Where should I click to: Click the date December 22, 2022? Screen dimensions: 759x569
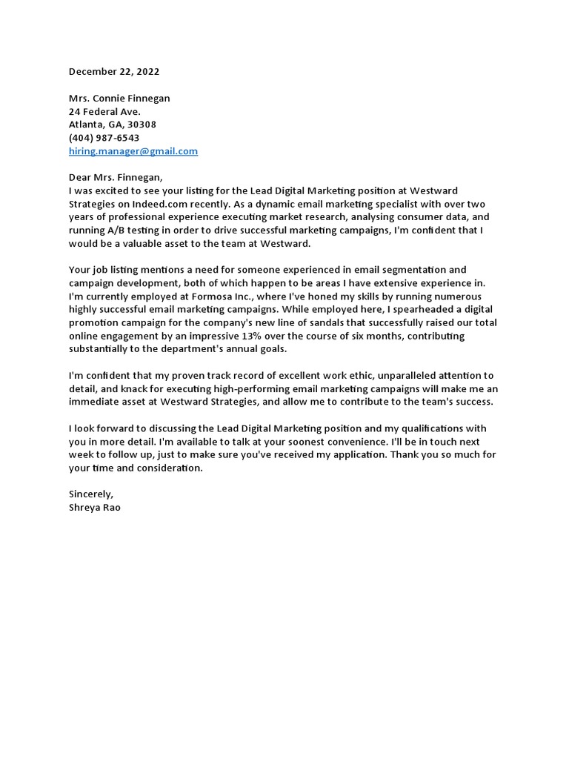coord(114,72)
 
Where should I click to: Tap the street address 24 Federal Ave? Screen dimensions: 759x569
coord(104,111)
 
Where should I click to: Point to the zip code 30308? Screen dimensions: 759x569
coord(142,125)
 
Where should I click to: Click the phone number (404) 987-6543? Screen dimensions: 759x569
coord(104,138)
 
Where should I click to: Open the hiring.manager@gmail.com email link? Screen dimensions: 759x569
coord(133,151)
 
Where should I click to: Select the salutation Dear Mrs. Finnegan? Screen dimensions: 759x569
coord(115,177)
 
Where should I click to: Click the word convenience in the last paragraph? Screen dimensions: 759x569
coord(292,442)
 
